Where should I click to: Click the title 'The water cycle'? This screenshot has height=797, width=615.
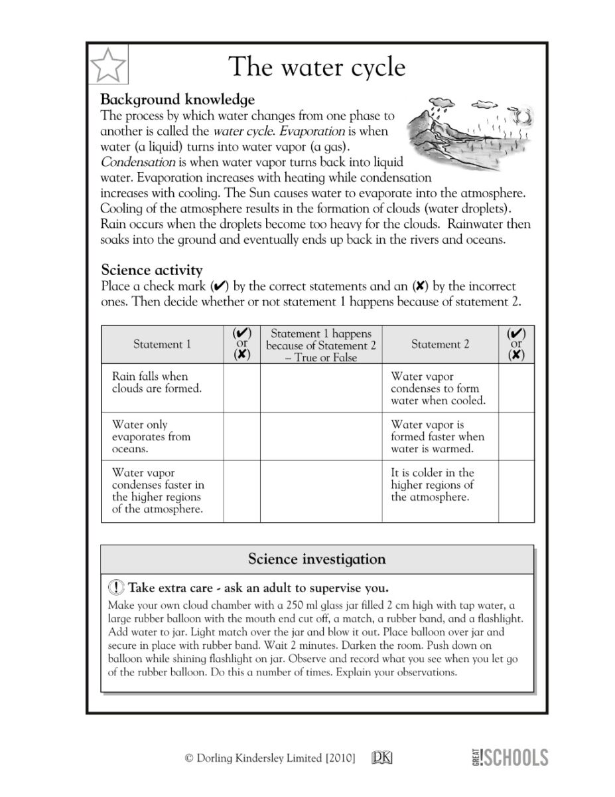coord(316,67)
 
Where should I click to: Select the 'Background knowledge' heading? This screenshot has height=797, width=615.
coord(177,100)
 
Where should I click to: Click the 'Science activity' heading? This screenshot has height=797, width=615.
coord(152,270)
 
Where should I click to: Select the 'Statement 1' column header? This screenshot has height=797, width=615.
coord(162,344)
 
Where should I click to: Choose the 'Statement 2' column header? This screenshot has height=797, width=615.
coord(440,344)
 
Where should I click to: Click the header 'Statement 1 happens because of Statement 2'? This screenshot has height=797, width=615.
coord(321,345)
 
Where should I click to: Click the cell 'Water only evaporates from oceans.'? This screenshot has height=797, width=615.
coord(151,436)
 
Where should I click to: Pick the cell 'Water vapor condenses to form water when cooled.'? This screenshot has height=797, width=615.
coord(438,389)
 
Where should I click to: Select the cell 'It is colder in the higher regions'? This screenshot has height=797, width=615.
coord(433,485)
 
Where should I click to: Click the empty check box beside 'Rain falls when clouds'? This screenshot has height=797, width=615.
coord(242,388)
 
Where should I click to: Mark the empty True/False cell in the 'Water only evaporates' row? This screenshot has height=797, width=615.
coord(321,436)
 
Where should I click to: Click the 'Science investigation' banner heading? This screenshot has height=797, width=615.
coord(316,559)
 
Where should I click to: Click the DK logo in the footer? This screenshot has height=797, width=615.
coord(381,758)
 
